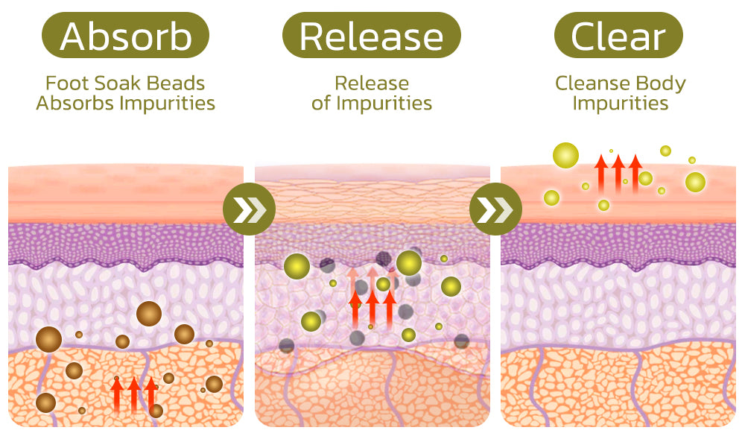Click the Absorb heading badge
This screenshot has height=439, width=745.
pos(126,35)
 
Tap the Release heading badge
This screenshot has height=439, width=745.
pos(371,35)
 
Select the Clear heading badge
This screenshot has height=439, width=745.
pos(618,35)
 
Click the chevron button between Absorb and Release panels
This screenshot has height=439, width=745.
pos(249,212)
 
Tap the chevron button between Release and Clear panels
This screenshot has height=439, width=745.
pos(495,212)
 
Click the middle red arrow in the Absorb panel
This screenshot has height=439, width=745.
pos(134,394)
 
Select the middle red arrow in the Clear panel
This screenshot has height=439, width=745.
pos(618,173)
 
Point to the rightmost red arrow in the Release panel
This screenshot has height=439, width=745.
pos(389,307)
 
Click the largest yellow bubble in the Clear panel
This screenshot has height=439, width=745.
pos(565,156)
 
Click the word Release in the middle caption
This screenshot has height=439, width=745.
pos(371,83)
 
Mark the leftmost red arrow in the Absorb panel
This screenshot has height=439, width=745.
pos(117,394)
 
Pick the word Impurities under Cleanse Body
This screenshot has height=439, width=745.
pos(620,103)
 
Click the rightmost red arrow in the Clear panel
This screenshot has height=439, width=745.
pos(635,173)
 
